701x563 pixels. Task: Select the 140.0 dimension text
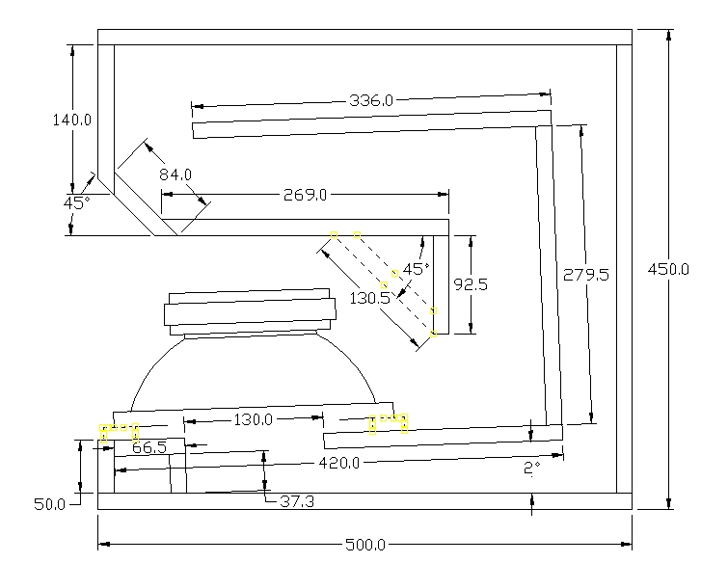pyautogui.click(x=72, y=121)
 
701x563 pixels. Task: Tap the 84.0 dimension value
pyautogui.click(x=175, y=174)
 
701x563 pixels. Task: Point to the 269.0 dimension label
pyautogui.click(x=305, y=195)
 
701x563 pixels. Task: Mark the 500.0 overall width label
pyautogui.click(x=365, y=545)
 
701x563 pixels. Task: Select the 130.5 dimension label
pyautogui.click(x=371, y=299)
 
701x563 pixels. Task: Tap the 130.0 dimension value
pyautogui.click(x=254, y=419)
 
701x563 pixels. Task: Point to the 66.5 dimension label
pyautogui.click(x=149, y=447)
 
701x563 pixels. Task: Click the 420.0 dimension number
pyautogui.click(x=341, y=464)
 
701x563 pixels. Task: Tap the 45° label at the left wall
pyautogui.click(x=76, y=203)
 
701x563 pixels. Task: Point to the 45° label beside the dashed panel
pyautogui.click(x=416, y=269)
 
